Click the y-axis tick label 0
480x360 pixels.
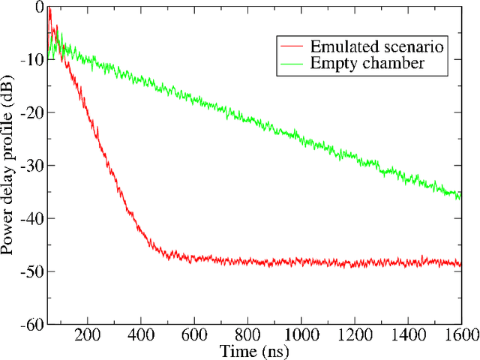(x=37, y=7)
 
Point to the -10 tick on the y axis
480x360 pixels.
(x=31, y=60)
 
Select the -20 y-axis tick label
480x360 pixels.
(x=31, y=112)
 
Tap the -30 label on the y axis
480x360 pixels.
(x=31, y=166)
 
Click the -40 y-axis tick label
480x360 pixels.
(x=31, y=218)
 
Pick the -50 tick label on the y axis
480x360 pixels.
(x=31, y=271)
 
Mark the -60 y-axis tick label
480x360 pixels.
(x=31, y=324)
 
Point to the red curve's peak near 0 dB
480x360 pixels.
(x=49, y=9)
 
